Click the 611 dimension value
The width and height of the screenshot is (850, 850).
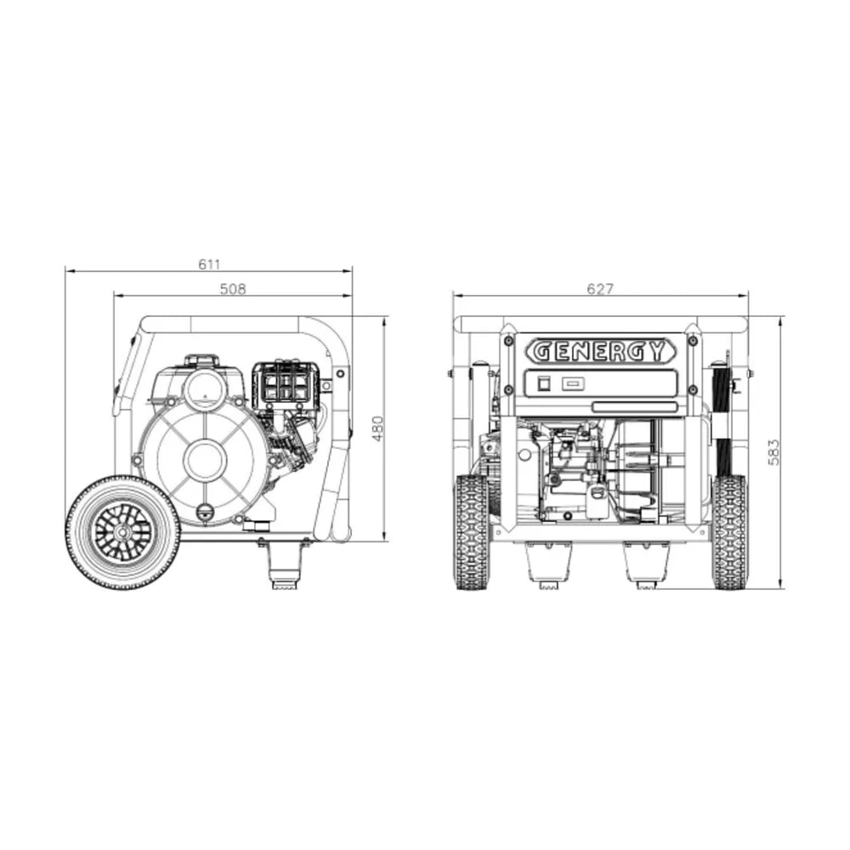[x=209, y=264]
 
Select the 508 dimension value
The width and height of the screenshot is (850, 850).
[x=233, y=289]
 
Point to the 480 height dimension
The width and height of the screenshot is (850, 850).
[x=378, y=428]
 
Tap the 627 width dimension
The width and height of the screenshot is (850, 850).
[x=600, y=289]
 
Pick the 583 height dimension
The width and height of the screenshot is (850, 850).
[x=773, y=452]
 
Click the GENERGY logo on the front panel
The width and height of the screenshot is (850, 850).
[x=600, y=351]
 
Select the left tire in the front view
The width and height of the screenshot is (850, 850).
[x=472, y=532]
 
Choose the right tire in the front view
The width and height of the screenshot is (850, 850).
[x=729, y=532]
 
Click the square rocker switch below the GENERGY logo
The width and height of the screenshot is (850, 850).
[x=544, y=384]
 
